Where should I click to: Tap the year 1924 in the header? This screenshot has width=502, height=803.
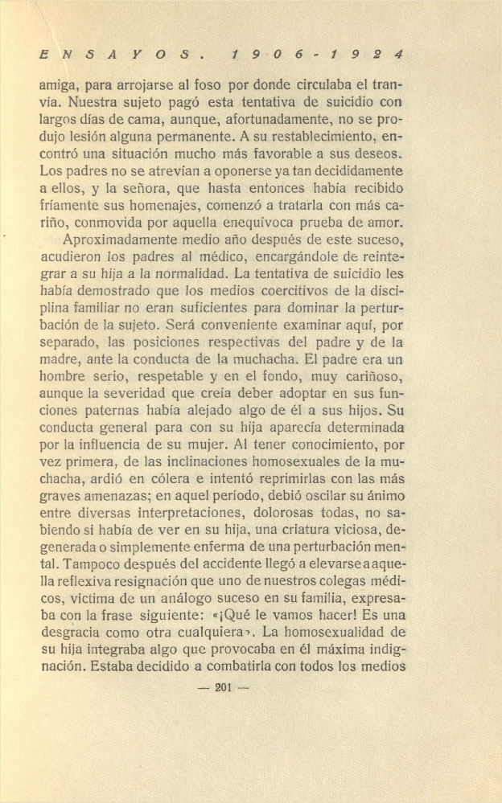(x=371, y=55)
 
